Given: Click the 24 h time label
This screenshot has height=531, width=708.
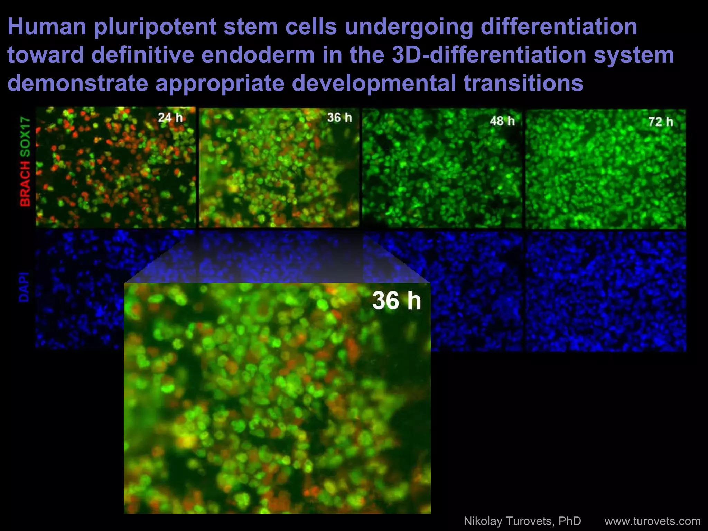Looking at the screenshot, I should pos(170,118).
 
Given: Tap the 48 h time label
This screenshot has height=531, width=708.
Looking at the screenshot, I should pos(502,121).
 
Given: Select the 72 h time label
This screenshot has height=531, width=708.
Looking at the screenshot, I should pos(661,122).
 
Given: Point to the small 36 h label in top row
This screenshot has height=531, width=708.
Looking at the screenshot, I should pos(339,118).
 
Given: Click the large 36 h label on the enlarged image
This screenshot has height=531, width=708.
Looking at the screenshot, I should pos(397,300).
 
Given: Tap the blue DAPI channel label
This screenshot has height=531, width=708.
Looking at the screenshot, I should pos(24,287).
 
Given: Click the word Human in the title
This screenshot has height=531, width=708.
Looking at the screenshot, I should pos(47,27).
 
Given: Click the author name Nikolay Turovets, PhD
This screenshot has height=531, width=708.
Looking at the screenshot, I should pos(522,521).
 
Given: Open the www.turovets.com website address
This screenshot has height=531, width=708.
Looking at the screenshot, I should pos(652,521).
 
